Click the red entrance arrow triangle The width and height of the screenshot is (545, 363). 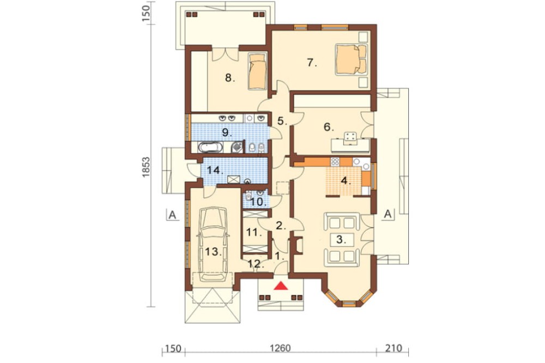point(281,286)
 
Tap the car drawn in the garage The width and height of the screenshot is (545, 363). point(213,244)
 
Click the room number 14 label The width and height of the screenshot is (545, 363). point(214,170)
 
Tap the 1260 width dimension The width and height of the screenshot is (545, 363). point(280,348)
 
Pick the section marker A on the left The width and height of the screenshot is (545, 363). point(172,215)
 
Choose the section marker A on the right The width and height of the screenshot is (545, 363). point(388,214)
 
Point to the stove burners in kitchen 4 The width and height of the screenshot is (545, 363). point(335,161)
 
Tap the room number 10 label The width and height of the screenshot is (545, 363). point(258,202)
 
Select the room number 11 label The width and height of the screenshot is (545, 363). point(254,233)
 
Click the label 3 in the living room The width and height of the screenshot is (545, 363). point(340,239)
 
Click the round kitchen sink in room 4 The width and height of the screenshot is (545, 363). point(357,161)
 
